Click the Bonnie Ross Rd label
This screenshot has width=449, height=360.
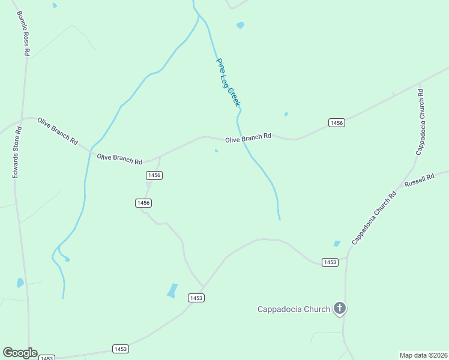(22, 33)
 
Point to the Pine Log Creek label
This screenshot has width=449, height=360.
(228, 83)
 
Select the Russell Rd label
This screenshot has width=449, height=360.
(419, 182)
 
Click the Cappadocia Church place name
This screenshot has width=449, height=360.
(294, 310)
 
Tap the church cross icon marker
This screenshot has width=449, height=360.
(340, 309)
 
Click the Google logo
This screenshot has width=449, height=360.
(20, 353)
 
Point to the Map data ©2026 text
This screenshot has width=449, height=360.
(424, 355)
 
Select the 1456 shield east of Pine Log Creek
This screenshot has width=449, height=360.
(337, 123)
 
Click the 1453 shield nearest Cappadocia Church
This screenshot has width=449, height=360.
(330, 262)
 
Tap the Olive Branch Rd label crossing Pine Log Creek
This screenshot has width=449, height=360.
(248, 139)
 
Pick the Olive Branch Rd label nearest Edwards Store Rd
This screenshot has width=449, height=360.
(58, 131)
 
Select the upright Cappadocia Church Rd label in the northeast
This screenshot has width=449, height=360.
(421, 122)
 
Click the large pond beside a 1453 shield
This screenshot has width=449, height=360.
(173, 290)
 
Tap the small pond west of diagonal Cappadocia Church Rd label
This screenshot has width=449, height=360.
(337, 244)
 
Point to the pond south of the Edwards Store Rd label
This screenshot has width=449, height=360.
(20, 282)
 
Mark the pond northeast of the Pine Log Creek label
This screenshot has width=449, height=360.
(241, 26)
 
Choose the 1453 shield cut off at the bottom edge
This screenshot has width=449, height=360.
(47, 358)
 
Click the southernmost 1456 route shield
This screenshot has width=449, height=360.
(143, 203)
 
